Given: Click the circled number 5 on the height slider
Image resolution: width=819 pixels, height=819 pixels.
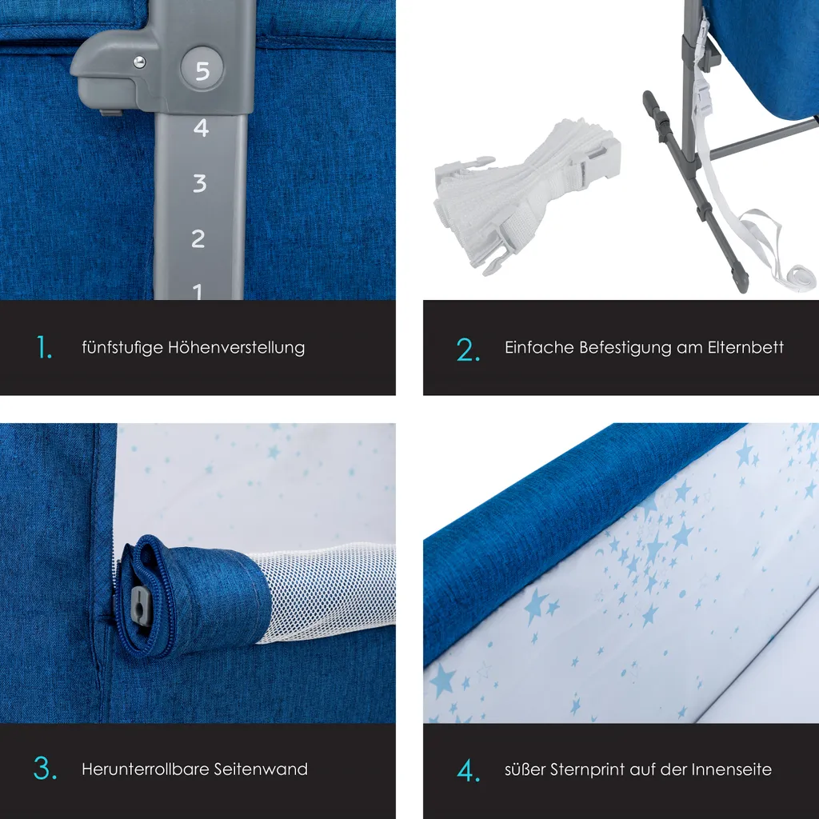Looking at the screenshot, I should [202, 70].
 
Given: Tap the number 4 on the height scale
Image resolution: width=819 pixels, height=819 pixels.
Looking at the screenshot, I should [201, 127].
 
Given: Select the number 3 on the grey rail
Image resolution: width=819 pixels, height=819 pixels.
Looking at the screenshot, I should [200, 182].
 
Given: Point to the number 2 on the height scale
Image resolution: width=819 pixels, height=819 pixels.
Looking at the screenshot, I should [198, 238].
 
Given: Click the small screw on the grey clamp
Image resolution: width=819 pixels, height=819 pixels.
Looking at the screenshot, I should [140, 62].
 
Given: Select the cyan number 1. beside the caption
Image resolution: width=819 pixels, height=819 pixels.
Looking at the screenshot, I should [45, 348].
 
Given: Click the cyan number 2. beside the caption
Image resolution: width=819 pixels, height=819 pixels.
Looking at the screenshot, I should [468, 350].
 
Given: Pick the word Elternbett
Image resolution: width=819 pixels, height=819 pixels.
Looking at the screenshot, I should [745, 347].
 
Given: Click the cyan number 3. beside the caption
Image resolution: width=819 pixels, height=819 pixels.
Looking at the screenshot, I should [45, 769].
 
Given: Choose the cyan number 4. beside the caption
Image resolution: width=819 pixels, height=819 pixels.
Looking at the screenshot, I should [468, 770].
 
